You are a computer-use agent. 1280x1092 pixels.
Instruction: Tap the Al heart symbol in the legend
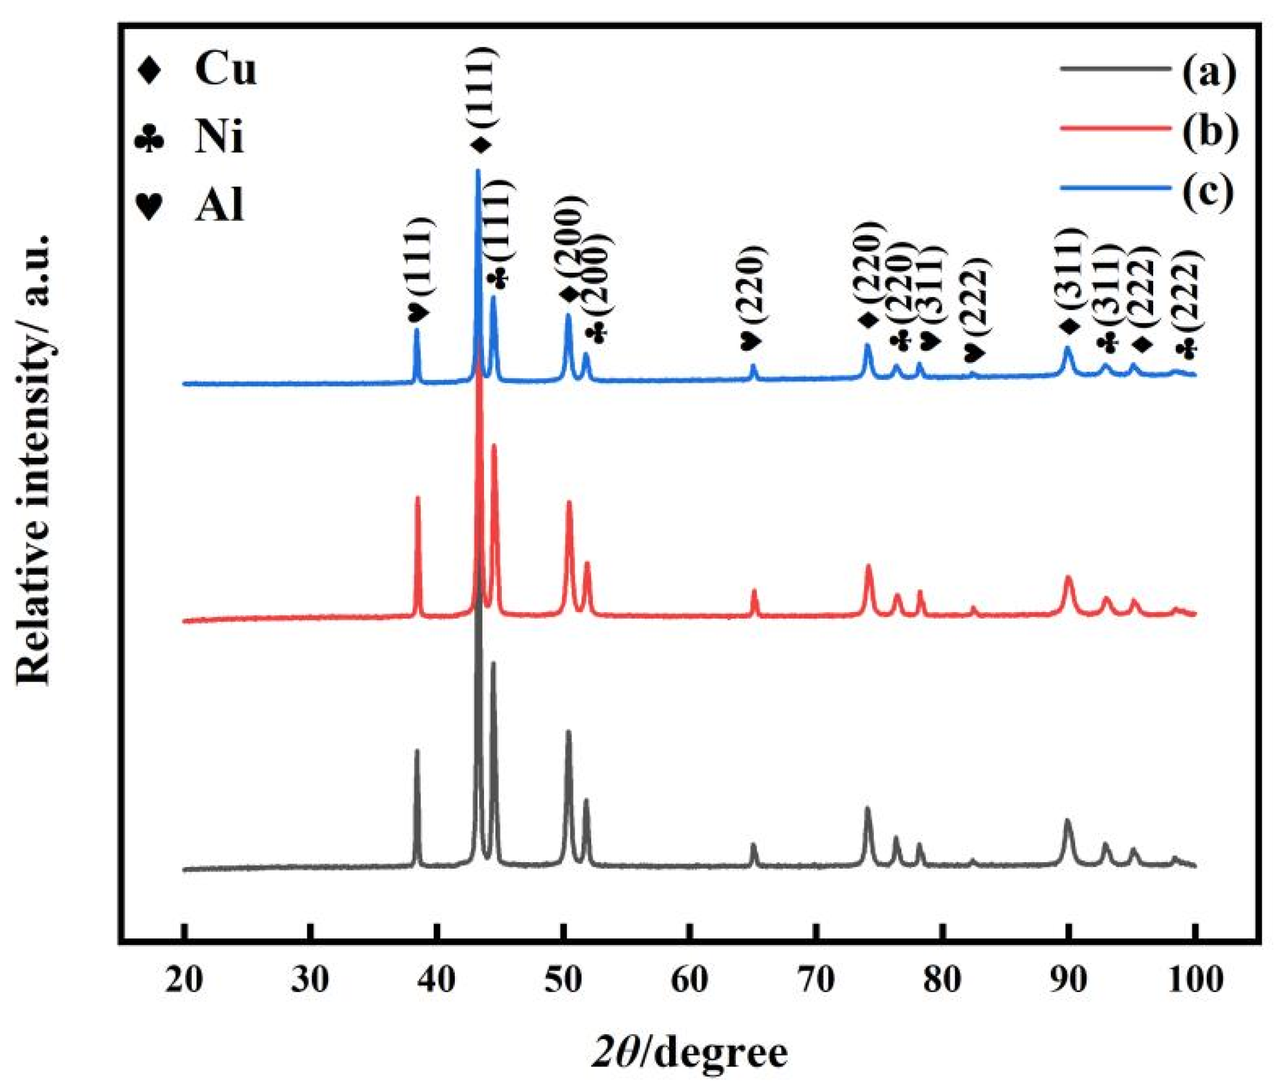150,206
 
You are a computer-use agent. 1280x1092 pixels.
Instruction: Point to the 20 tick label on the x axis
184,979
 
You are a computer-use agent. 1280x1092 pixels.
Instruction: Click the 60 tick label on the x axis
689,979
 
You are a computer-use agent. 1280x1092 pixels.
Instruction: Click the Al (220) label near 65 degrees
753,297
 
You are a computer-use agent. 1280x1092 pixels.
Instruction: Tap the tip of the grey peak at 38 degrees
417,751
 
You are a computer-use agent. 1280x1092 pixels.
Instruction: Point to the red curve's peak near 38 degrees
417,498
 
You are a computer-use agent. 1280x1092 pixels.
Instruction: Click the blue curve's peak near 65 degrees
753,366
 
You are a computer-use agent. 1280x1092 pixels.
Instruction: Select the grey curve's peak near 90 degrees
1067,820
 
